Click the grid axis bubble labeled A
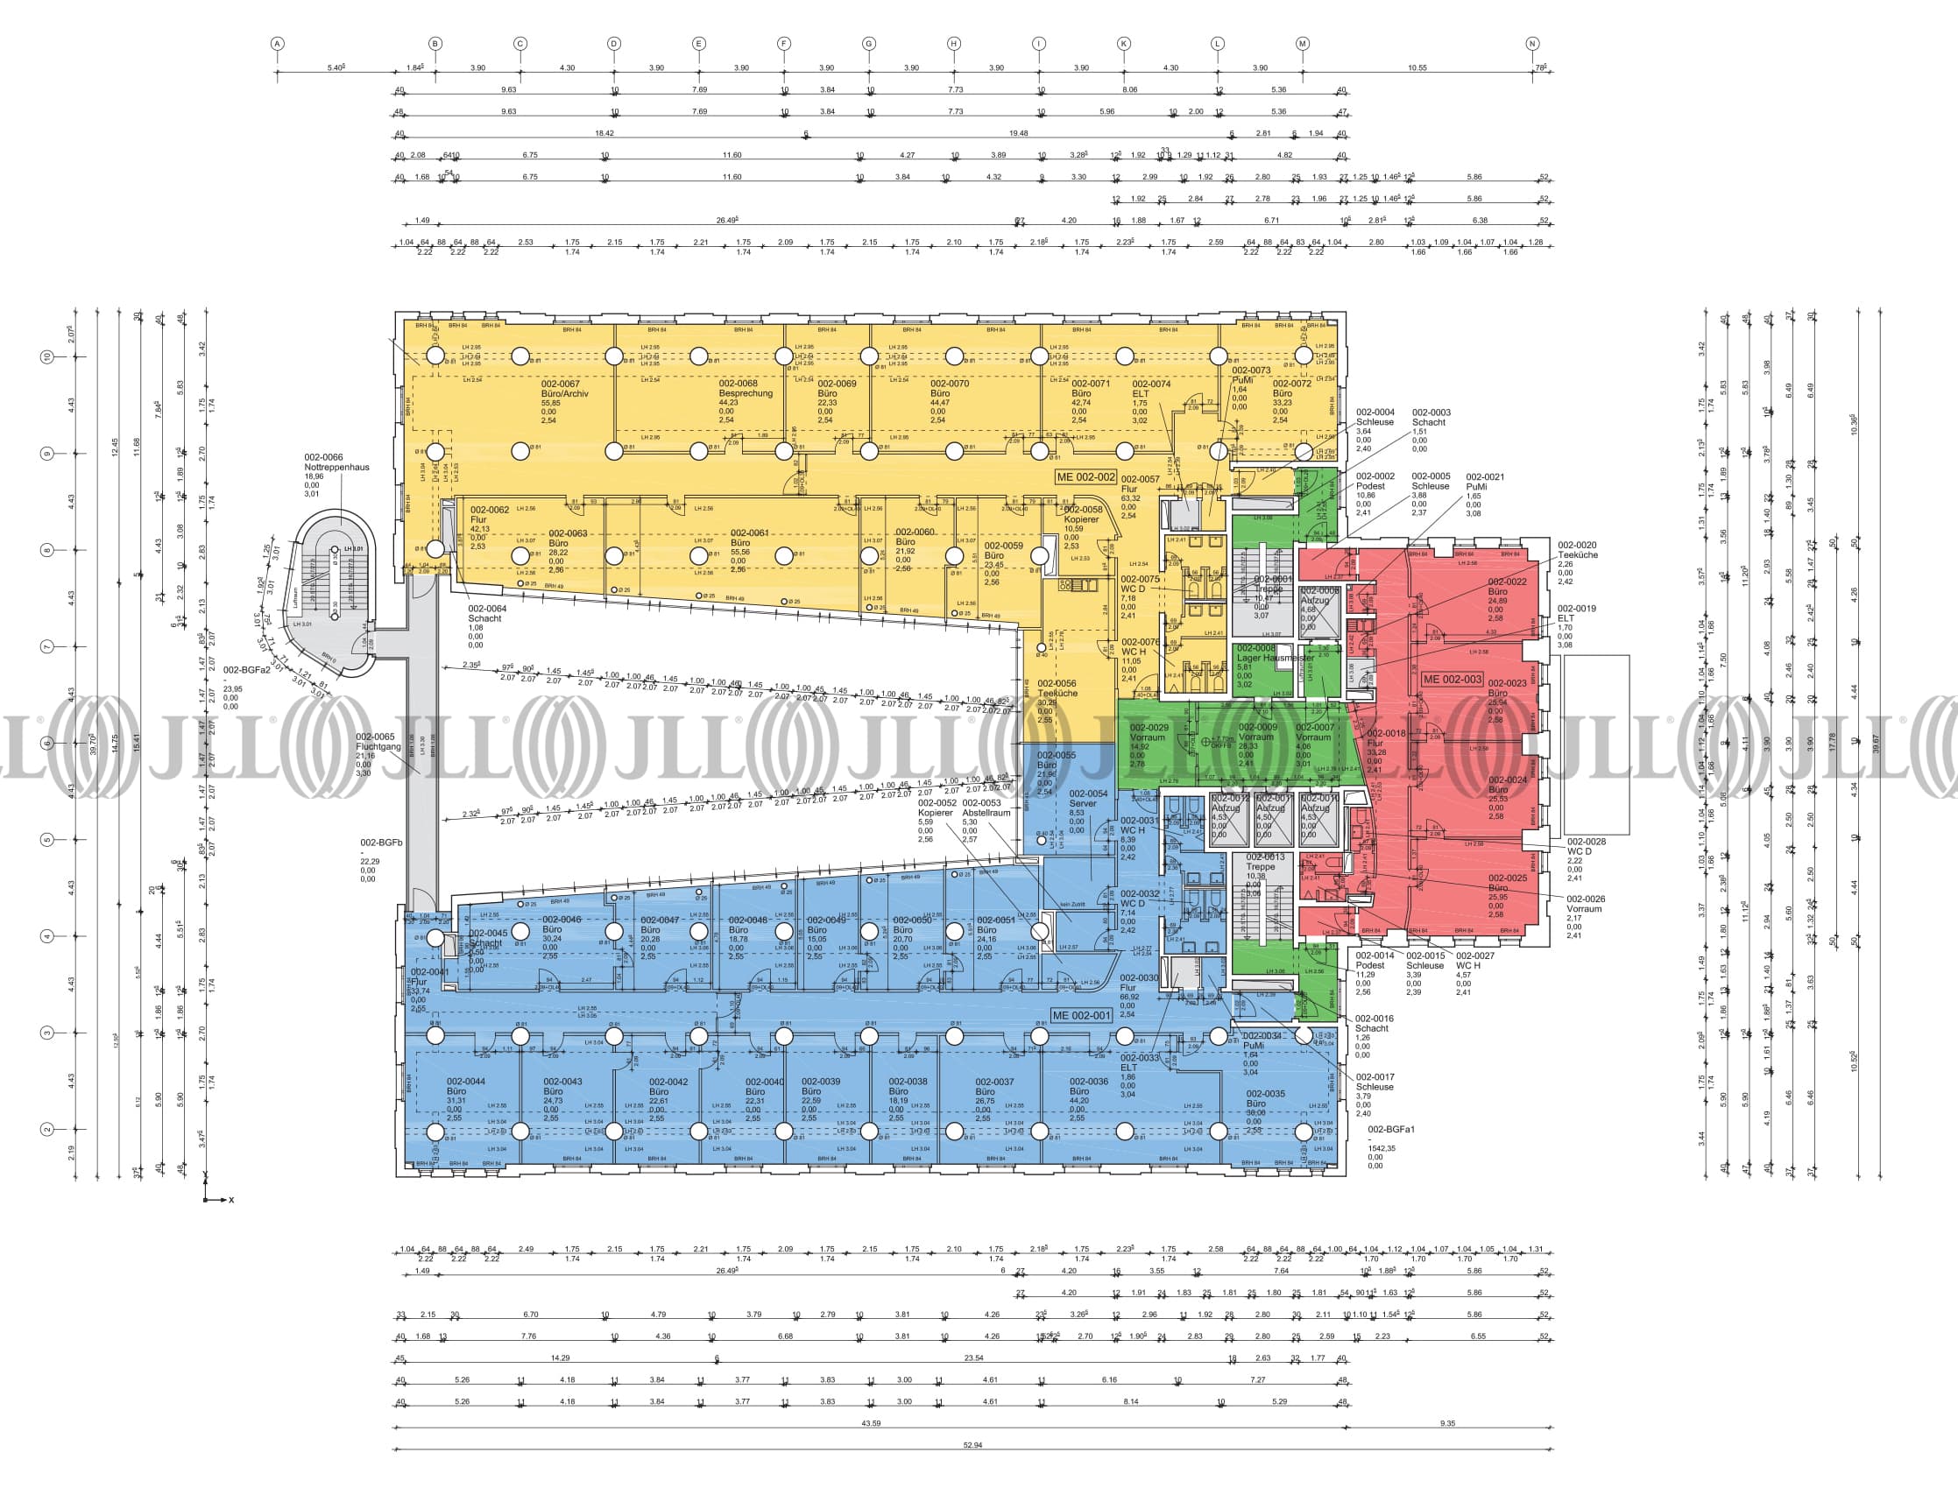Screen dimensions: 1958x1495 point(278,44)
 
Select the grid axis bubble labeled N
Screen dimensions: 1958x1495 point(1532,44)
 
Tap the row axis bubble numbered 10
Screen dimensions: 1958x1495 point(47,356)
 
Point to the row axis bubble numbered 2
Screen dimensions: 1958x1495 point(47,1129)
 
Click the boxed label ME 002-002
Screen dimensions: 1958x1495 point(1085,477)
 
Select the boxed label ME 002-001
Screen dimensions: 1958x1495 point(1081,1015)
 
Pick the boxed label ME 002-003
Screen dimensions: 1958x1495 point(1453,679)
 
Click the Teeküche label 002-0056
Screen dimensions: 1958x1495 point(1057,683)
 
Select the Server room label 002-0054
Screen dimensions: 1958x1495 point(1087,793)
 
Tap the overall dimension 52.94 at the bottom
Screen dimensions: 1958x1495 point(972,1445)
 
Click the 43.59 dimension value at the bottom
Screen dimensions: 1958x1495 point(871,1424)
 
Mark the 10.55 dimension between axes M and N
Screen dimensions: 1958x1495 point(1417,67)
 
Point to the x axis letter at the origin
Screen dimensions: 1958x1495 point(231,1201)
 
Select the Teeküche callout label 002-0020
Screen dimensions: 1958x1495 point(1576,545)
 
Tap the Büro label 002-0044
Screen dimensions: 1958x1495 point(465,1082)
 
